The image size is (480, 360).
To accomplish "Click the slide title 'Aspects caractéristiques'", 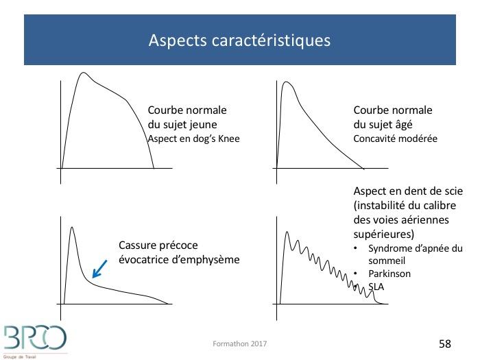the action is (239, 40).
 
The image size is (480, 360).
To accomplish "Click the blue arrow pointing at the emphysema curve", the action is (100, 269).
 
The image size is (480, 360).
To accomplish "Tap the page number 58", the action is (445, 344).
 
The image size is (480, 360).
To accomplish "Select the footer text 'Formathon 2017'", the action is (240, 344).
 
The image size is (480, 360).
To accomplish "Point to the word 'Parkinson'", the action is (389, 274).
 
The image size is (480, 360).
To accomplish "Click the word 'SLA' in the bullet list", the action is (376, 287).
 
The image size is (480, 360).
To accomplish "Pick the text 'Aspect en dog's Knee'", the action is (193, 139).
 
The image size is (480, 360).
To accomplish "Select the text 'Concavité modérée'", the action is (395, 139).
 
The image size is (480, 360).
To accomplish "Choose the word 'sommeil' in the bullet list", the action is (387, 261).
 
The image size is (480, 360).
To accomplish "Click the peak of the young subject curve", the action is (83, 73).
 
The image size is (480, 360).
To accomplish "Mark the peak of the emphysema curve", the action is (71, 227).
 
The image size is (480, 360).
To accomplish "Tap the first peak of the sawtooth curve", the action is (287, 232).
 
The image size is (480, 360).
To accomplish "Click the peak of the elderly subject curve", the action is (286, 82).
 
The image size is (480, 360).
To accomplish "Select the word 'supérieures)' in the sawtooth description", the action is (384, 235).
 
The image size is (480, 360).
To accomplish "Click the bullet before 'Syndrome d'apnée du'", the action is (355, 248).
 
